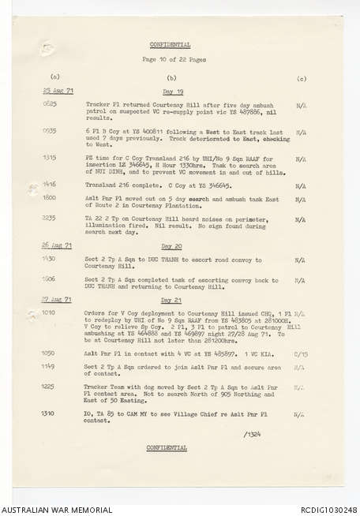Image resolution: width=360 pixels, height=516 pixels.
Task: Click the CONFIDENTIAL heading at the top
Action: (168, 45)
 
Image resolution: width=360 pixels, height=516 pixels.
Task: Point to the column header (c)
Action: (301, 79)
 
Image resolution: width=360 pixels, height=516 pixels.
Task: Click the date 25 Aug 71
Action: (56, 92)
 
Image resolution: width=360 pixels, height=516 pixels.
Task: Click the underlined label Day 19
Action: (171, 92)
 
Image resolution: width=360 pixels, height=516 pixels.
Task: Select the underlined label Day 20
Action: (171, 245)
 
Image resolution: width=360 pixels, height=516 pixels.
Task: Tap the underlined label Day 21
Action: (171, 301)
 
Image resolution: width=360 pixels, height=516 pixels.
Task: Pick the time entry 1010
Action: (48, 312)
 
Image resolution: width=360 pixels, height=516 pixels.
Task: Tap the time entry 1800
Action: (48, 196)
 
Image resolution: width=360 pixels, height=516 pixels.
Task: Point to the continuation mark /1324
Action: (253, 433)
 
